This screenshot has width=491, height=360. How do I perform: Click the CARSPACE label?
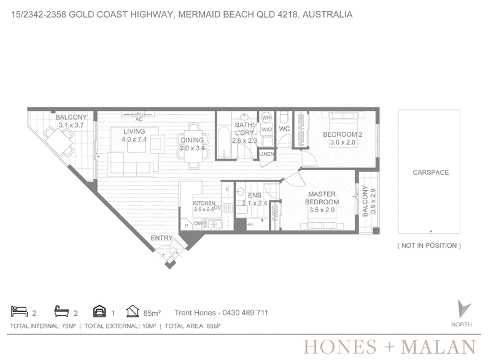431,172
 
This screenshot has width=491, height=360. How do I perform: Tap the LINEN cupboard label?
266,154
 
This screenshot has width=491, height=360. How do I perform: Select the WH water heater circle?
266,118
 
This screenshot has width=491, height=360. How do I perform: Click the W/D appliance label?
266,129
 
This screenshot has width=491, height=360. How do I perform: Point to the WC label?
284,129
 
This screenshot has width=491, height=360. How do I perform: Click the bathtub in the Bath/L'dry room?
224,143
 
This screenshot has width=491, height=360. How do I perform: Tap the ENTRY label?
161,238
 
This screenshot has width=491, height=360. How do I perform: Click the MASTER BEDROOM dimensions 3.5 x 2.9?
322,210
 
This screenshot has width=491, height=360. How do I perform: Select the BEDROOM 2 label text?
342,134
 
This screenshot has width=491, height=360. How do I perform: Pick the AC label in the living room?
139,120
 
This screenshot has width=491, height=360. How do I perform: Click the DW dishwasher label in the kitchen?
198,223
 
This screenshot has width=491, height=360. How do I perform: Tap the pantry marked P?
186,226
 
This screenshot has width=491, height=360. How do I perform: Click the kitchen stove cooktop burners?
227,208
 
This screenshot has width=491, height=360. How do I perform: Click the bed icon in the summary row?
20,311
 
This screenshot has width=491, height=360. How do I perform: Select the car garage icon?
99,311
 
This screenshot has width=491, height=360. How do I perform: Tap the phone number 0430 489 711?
245,313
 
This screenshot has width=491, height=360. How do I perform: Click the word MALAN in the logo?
438,347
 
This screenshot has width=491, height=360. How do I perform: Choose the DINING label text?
192,140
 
